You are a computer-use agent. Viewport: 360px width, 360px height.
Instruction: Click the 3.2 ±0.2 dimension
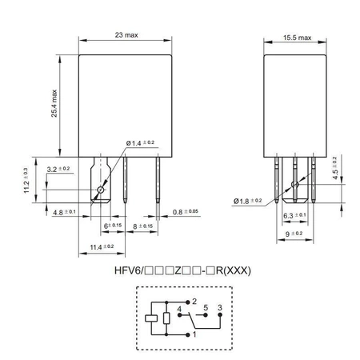[x=58, y=169]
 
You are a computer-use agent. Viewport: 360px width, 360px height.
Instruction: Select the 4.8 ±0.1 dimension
[x=63, y=213]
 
